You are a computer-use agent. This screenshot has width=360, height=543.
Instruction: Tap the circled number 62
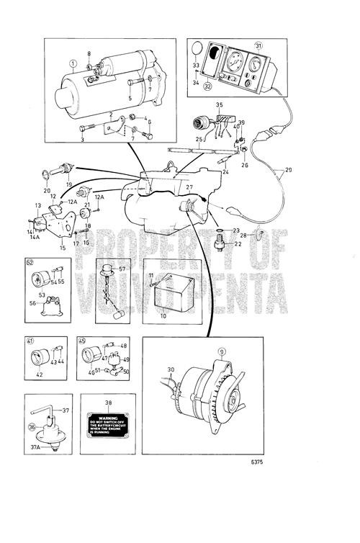click(x=30, y=263)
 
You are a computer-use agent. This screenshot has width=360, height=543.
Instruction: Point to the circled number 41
click(x=30, y=341)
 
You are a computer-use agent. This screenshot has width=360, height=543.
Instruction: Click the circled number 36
click(x=30, y=426)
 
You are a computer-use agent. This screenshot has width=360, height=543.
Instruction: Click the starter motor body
click(x=94, y=97)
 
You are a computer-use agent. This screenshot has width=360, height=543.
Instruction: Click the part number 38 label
click(x=108, y=404)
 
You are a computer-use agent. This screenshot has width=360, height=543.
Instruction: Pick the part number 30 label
click(x=170, y=370)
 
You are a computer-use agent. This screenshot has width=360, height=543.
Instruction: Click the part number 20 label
click(x=48, y=191)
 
